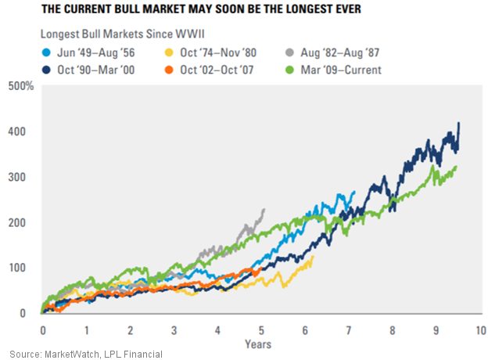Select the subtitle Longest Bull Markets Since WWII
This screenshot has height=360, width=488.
point(111,34)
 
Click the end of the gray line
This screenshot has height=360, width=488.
point(264,209)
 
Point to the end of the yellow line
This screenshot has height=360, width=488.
point(313,257)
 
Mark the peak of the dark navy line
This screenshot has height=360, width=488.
point(458,123)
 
